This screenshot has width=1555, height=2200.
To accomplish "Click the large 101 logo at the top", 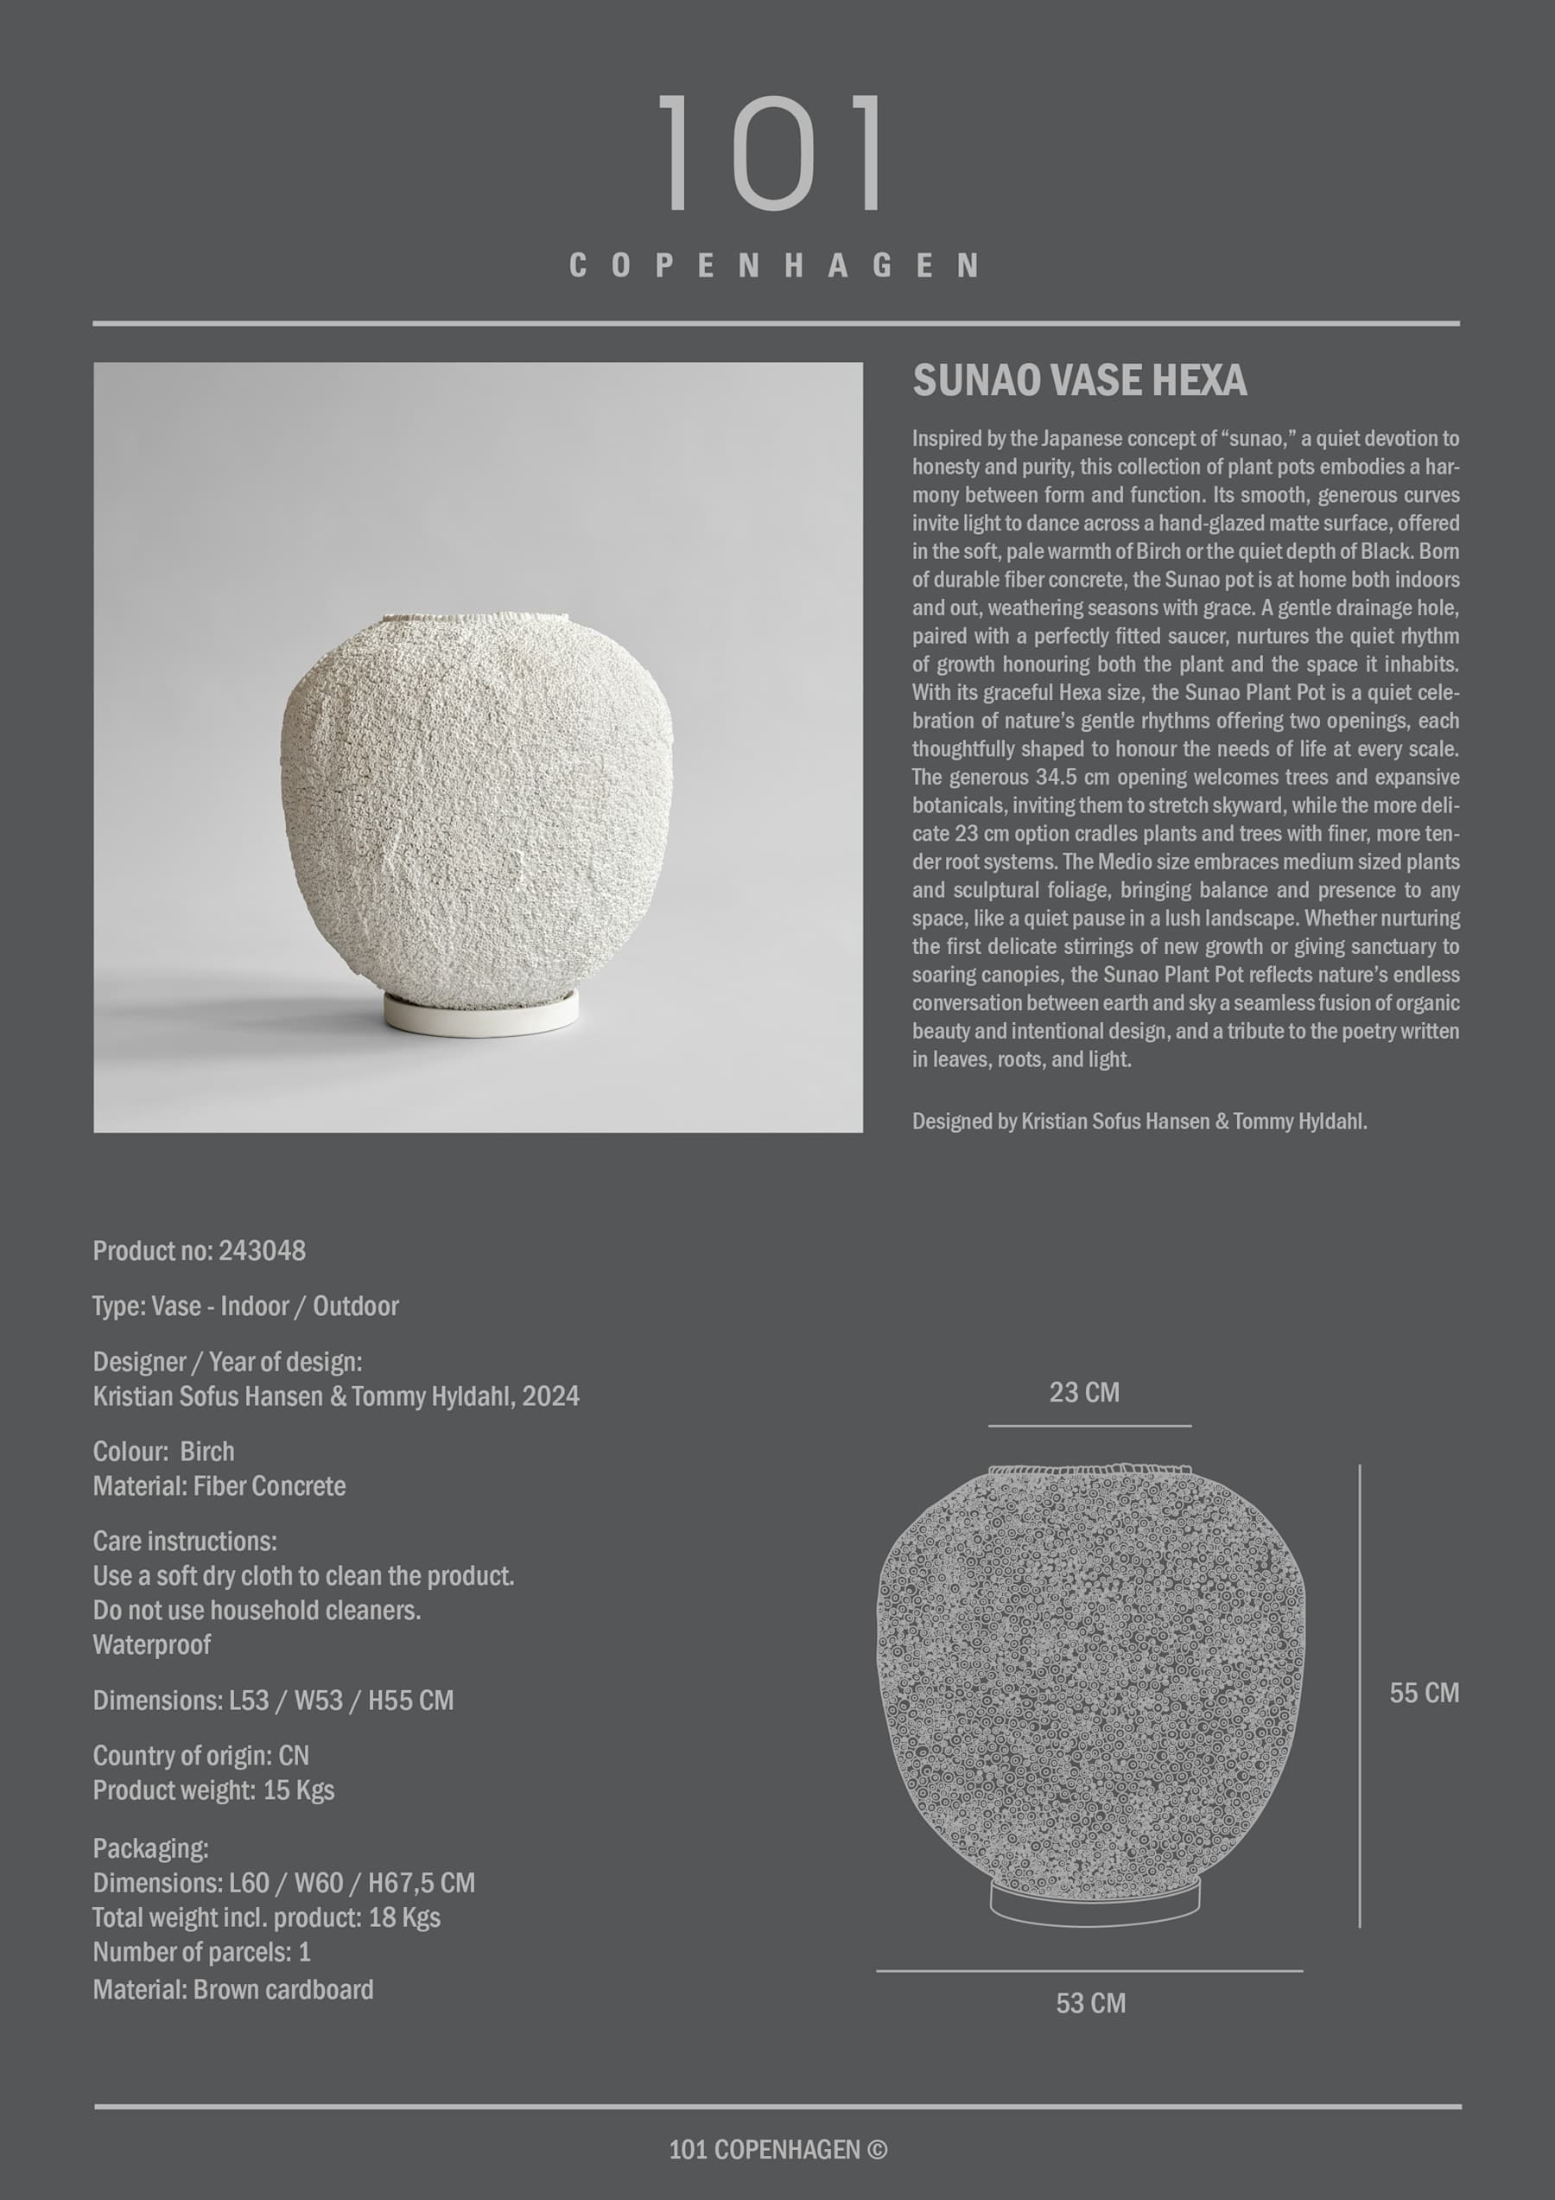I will (772, 153).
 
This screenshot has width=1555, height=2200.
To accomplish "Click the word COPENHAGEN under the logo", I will (774, 265).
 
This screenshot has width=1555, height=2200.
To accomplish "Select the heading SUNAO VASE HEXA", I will (1079, 380).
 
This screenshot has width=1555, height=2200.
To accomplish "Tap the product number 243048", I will (262, 1250).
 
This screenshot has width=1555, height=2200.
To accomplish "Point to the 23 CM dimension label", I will (1083, 1392).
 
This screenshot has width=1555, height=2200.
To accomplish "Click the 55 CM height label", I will (1424, 1693).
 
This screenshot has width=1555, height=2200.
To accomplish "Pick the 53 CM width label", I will (1090, 2003).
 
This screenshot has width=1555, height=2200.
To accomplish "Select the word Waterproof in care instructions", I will (151, 1644).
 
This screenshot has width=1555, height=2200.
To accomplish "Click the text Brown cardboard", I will (282, 1989).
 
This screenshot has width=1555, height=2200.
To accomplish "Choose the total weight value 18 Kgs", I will (404, 1917).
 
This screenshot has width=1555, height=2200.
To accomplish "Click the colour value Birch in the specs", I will (207, 1452).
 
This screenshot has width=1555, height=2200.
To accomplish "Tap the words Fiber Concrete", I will (270, 1486).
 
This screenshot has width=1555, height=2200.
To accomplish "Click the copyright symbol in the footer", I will (876, 2149).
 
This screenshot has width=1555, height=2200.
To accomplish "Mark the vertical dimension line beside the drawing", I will (1359, 1696).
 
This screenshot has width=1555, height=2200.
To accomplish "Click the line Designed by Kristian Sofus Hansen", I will (1139, 1121).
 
